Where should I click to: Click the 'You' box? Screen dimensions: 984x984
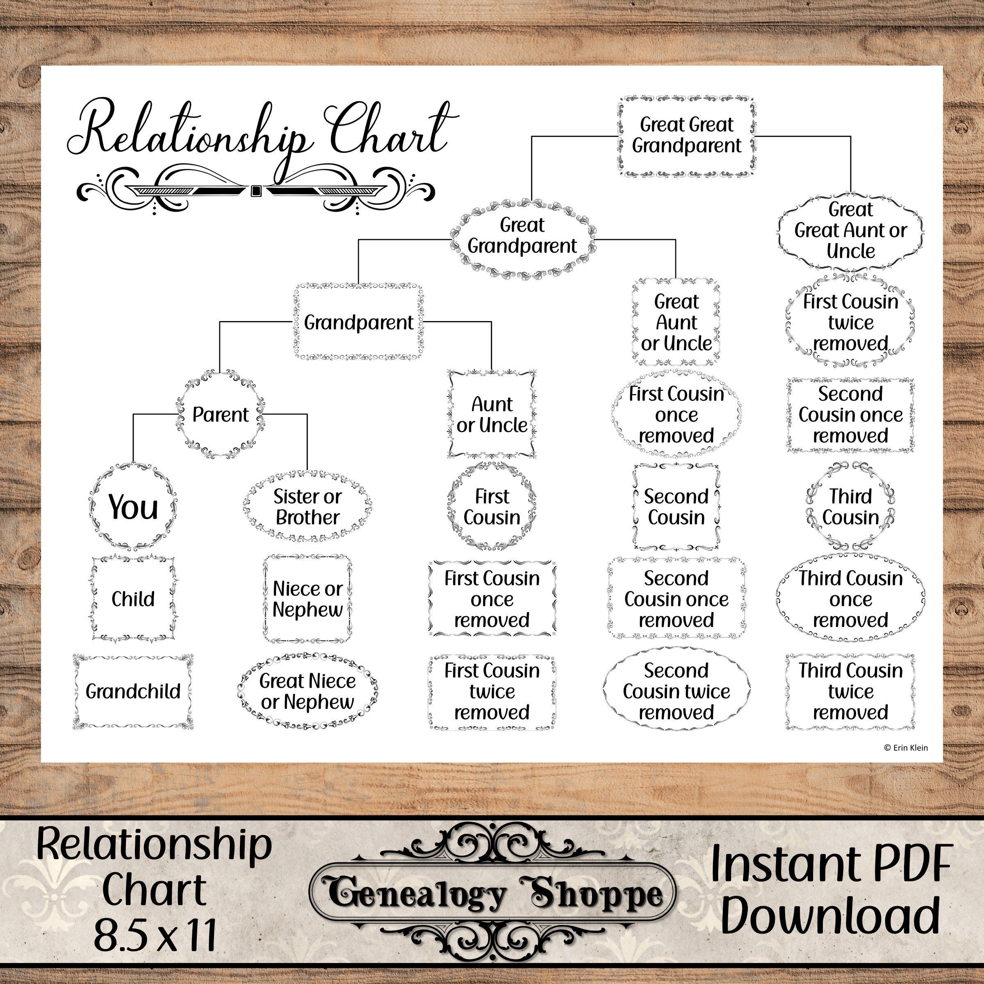[x=133, y=507]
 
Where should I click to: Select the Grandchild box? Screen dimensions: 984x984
[x=133, y=691]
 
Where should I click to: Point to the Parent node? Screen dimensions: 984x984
[x=220, y=415]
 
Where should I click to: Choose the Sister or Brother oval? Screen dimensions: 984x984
[x=307, y=507]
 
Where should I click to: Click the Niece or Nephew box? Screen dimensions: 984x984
[x=307, y=599]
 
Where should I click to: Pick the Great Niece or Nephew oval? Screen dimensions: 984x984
[x=307, y=691]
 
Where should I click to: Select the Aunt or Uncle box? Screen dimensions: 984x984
[x=492, y=415]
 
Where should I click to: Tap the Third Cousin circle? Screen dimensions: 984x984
[x=850, y=507]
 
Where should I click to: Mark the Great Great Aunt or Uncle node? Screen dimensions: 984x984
[x=850, y=230]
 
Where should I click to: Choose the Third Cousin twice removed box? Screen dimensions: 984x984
[x=850, y=691]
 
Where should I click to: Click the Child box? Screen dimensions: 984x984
[x=133, y=599]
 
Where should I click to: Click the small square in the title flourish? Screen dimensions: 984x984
[x=256, y=191]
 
